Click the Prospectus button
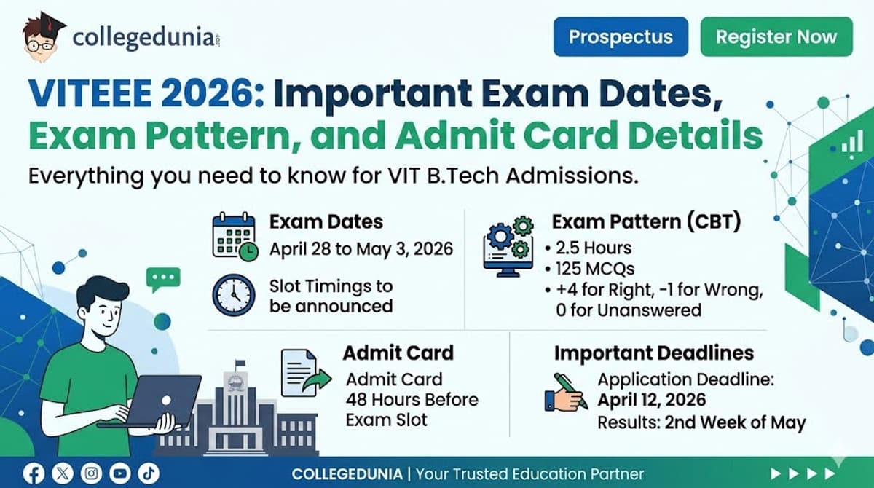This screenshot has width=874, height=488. click(621, 37)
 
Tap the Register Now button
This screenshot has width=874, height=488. click(776, 37)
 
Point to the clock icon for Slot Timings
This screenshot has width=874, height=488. click(234, 295)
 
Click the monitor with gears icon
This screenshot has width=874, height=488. click(508, 248)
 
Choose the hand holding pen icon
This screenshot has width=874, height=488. click(566, 393)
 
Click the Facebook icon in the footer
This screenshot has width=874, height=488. click(34, 474)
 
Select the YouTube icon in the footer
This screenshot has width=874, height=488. click(121, 474)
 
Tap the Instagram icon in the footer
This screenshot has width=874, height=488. click(92, 474)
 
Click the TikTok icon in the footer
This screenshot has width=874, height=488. click(149, 474)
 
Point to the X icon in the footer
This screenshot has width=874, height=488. click(63, 474)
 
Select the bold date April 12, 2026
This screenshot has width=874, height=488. click(651, 400)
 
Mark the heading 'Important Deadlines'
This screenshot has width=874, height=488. click(653, 353)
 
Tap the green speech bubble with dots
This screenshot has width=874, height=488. click(162, 279)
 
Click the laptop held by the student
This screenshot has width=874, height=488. click(156, 401)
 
